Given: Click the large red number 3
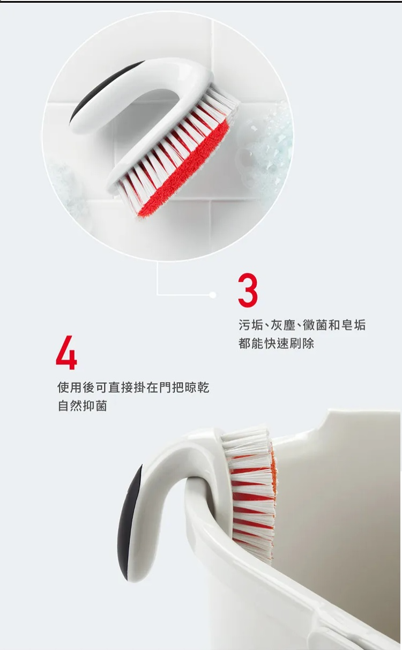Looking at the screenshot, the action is click(248, 290).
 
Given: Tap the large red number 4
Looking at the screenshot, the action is click(66, 352).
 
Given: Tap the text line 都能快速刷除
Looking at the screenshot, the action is click(277, 344).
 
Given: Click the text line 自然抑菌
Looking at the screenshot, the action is click(83, 406).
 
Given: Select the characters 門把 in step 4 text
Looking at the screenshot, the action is click(171, 387).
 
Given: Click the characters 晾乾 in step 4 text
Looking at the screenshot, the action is click(197, 387).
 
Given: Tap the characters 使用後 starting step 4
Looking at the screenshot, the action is click(76, 387).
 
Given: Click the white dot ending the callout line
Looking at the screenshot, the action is click(213, 295).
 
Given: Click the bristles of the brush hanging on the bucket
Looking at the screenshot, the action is click(250, 493).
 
